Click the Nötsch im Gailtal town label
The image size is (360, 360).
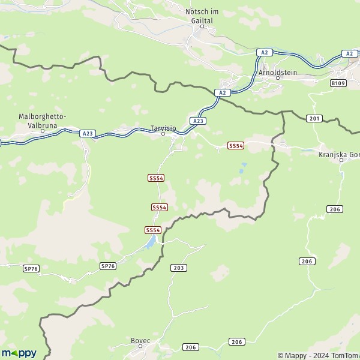(x=199, y=16)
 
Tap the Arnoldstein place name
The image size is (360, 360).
(x=277, y=72)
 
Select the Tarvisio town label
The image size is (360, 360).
(x=163, y=128)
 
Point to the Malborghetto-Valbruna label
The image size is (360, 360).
(x=42, y=119)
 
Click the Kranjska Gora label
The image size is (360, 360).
(x=340, y=154)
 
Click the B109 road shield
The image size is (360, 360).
(x=338, y=84)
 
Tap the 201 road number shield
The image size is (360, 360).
(x=314, y=119)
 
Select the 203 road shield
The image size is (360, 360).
(x=179, y=268)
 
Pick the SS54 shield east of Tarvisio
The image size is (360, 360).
(x=236, y=146)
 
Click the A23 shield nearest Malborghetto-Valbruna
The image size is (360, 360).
(x=88, y=133)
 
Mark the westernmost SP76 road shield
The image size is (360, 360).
(x=31, y=269)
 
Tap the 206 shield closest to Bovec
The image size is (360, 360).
(x=191, y=347)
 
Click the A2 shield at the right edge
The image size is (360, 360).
(x=349, y=53)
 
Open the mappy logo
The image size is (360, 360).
(x=19, y=353)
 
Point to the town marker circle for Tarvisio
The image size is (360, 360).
(x=163, y=134)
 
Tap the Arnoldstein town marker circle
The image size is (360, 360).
(x=278, y=78)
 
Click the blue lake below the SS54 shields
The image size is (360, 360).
(x=151, y=242)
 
